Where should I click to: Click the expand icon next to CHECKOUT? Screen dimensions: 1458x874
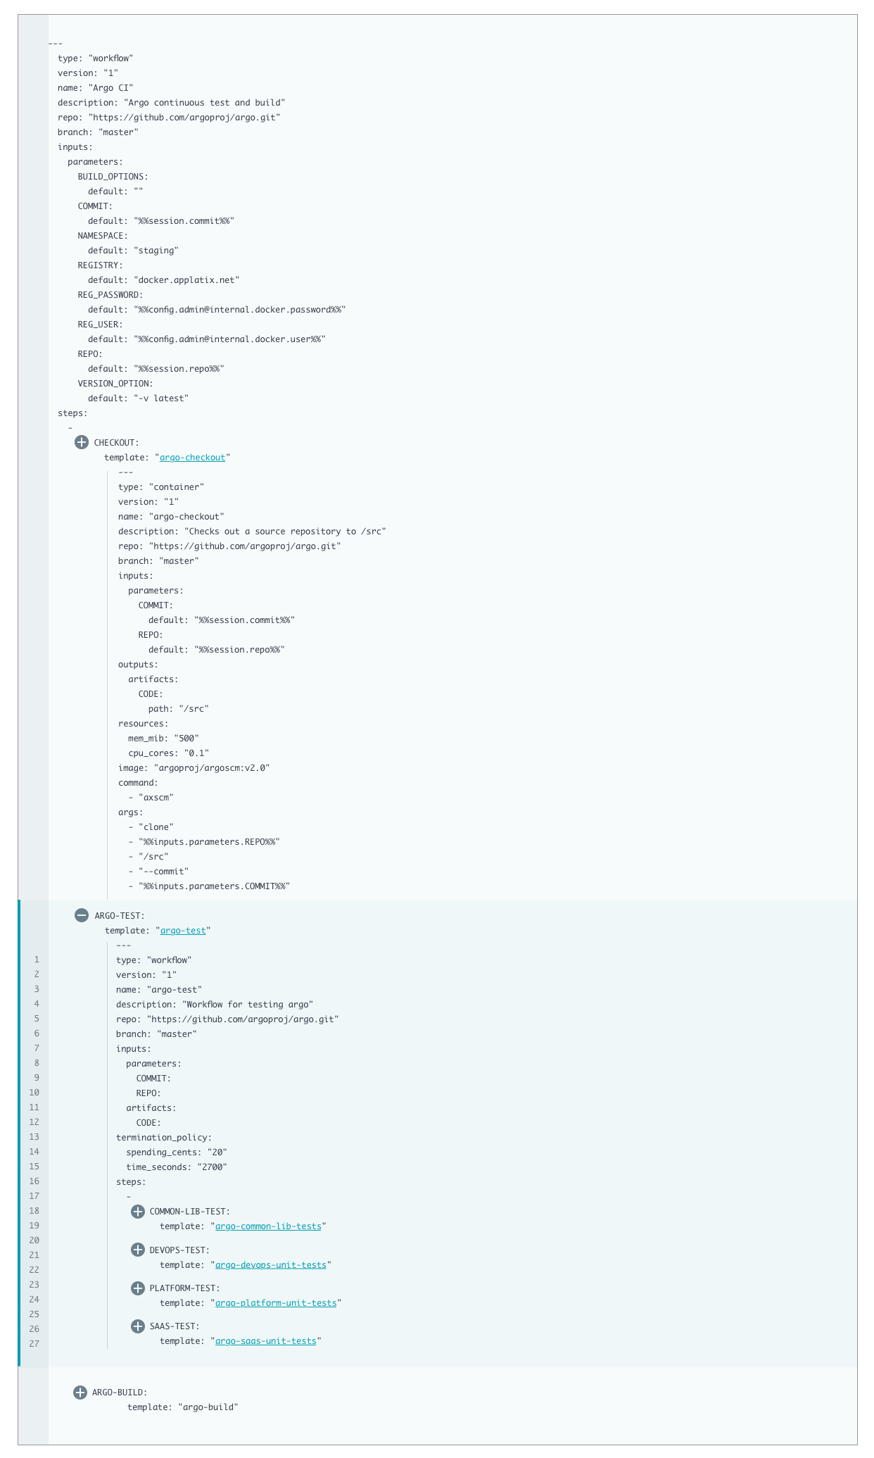point(82,442)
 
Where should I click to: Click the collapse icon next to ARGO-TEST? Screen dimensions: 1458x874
point(82,915)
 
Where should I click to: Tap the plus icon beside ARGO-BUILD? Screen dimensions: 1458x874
point(80,1393)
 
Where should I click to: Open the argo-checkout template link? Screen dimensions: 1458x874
point(192,458)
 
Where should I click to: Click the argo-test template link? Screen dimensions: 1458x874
point(183,931)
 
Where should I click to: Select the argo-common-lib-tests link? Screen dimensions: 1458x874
point(268,1226)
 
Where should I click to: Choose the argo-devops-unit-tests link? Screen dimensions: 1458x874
point(271,1265)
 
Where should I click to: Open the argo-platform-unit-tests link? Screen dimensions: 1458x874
point(276,1303)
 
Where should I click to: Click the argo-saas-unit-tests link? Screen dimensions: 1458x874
point(265,1341)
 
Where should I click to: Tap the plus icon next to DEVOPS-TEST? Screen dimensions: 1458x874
point(138,1250)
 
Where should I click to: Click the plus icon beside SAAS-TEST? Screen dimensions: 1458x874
point(138,1326)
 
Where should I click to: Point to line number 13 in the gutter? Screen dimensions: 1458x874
point(34,1137)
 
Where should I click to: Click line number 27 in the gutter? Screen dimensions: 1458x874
point(34,1344)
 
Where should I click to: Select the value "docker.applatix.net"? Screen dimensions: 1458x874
point(186,280)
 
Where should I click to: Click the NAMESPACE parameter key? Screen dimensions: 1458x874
point(103,236)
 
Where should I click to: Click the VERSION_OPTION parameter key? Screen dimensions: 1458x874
point(115,384)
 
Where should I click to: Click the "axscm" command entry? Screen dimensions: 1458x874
point(156,798)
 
